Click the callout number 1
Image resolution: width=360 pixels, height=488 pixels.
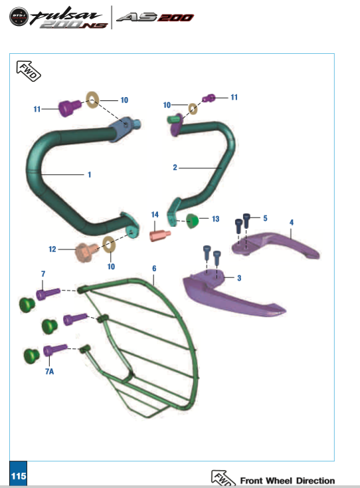[x=90, y=175]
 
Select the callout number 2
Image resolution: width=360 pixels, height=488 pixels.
[x=175, y=168]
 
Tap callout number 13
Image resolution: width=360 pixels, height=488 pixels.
[x=215, y=219]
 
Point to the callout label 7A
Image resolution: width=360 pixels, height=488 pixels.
[x=49, y=371]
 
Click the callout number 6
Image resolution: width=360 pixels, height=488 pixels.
[x=154, y=269]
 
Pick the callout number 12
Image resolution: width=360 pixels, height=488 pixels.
[x=52, y=249]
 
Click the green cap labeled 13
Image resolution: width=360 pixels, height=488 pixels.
[x=193, y=221]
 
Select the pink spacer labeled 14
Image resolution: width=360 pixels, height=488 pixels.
[x=160, y=235]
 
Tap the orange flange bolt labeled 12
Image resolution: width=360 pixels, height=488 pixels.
[x=86, y=252]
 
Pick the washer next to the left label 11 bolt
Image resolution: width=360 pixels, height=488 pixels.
[x=92, y=100]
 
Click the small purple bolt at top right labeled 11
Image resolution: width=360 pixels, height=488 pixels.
[x=209, y=98]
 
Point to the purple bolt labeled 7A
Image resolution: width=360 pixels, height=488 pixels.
[x=55, y=350]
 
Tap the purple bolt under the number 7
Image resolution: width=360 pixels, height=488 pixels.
[x=48, y=293]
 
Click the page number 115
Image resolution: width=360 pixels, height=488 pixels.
[x=19, y=476]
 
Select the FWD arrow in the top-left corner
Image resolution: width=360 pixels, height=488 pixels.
[x=29, y=71]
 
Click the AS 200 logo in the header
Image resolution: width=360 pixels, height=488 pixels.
[x=155, y=17]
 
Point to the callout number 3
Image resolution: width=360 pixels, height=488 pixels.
[x=239, y=278]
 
